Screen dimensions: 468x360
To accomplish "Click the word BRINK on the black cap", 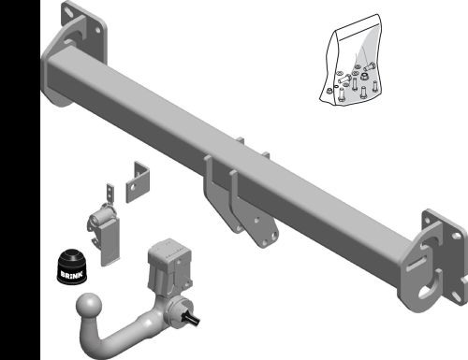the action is (x=72, y=275).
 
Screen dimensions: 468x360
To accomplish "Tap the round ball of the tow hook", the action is (x=89, y=306).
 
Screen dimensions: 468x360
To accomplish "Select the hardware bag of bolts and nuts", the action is (x=350, y=60).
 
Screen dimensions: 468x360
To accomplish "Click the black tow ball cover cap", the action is (x=72, y=266).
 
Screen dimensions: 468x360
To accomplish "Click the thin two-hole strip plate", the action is (x=110, y=194).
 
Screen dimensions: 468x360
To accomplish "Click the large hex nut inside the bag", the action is (x=363, y=76).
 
